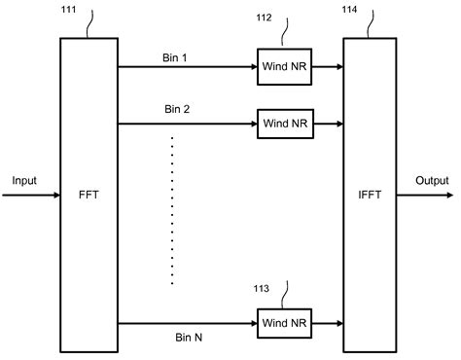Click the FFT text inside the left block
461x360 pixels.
tap(88, 194)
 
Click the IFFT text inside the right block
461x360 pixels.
tap(371, 194)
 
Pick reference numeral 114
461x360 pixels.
tap(350, 12)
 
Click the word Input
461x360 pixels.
tap(24, 181)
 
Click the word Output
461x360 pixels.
tap(432, 181)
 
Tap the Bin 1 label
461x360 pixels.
tap(176, 56)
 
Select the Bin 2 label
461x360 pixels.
tap(176, 110)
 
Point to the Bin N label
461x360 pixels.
tap(176, 337)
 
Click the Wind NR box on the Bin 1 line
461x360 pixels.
tap(284, 68)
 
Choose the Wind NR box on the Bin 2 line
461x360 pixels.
tap(284, 123)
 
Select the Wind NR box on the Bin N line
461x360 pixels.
tap(284, 321)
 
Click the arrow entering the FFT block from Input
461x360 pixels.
tap(31, 194)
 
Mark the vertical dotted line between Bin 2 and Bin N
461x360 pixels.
tap(173, 209)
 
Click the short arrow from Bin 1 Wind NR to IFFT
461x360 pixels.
tap(329, 68)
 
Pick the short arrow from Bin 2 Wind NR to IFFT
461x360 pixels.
tap(329, 123)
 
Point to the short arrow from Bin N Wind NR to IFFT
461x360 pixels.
tap(329, 321)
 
